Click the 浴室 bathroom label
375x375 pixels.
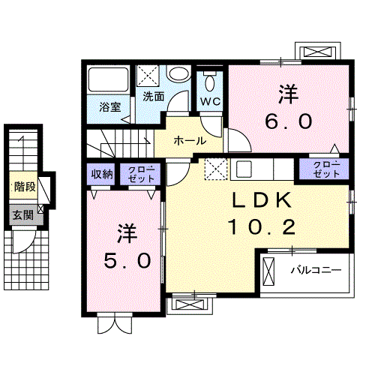(110, 106)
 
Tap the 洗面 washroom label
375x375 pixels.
(154, 96)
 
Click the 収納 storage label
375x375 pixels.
(102, 174)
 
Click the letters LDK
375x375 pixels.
(255, 200)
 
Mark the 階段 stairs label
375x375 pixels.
(23, 187)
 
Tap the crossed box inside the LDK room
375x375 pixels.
(216, 169)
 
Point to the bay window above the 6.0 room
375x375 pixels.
(319, 52)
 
